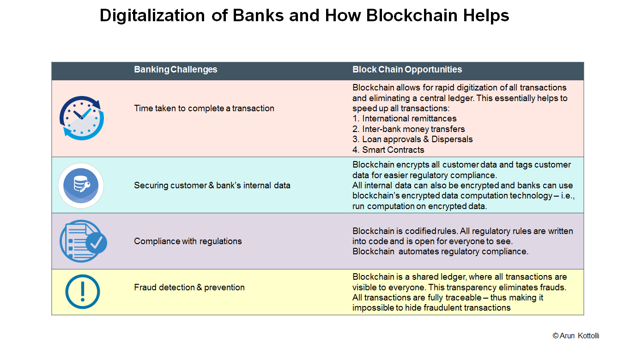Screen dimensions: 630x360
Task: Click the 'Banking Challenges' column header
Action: click(176, 69)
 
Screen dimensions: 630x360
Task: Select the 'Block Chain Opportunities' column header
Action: click(407, 69)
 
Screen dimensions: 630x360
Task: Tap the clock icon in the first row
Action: click(82, 118)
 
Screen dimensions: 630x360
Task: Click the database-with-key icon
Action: click(81, 186)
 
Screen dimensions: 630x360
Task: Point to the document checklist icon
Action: click(83, 241)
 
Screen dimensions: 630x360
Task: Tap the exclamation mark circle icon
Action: click(83, 292)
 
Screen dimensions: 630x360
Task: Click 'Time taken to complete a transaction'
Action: click(204, 108)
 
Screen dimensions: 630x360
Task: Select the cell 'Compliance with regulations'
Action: click(188, 241)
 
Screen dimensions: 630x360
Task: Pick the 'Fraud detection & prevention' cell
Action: click(189, 287)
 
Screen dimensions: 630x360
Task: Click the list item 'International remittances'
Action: click(405, 119)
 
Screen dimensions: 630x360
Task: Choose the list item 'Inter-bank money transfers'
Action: click(409, 129)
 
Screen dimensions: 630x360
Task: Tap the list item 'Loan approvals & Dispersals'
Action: click(412, 139)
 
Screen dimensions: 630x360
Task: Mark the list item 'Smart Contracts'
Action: click(388, 150)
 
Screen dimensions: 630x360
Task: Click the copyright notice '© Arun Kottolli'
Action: click(575, 336)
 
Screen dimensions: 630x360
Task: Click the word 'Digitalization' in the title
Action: click(152, 15)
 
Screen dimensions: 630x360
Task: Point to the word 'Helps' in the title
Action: click(486, 15)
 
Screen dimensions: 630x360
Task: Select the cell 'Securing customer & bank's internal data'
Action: click(212, 186)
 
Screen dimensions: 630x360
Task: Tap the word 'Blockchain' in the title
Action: click(412, 15)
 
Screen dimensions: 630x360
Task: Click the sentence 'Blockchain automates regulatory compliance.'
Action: click(441, 251)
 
